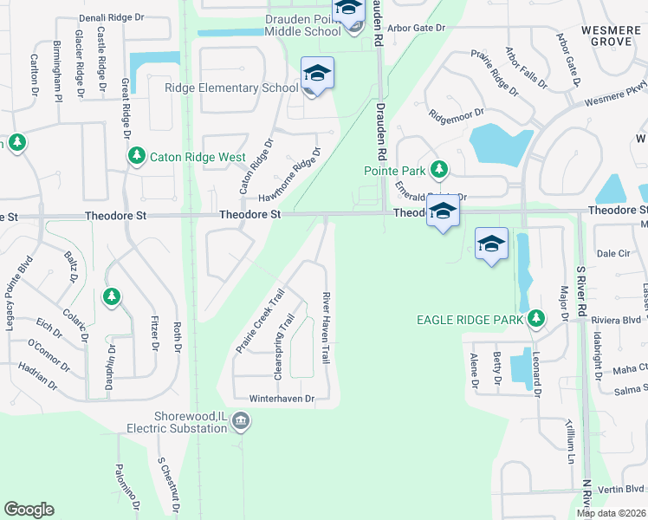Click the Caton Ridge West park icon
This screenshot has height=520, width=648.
[x=136, y=156]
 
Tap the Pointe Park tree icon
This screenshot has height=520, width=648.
[x=439, y=169]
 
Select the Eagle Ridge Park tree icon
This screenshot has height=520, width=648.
[x=536, y=320]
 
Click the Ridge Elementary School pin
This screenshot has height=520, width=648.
[x=317, y=75]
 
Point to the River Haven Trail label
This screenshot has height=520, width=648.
[x=327, y=327]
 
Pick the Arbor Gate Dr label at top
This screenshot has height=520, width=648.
[x=416, y=28]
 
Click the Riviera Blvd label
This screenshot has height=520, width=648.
[x=613, y=319]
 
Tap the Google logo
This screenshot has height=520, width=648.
[x=29, y=510]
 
